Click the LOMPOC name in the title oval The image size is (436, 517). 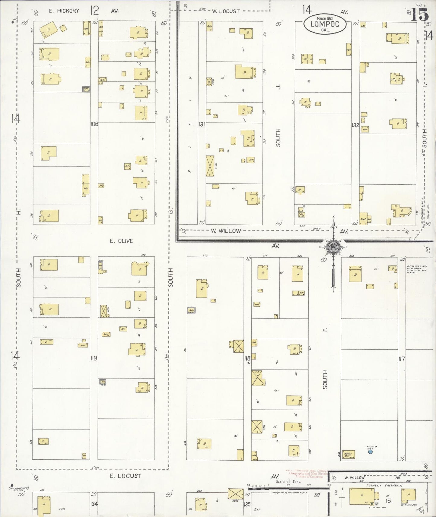point(325,24)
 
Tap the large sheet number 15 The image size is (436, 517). point(420,14)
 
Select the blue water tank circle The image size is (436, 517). point(370,452)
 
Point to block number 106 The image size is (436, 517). point(94,124)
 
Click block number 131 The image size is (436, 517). point(202,124)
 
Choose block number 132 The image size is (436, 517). point(355,125)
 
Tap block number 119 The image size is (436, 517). point(94,358)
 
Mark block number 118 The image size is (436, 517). point(247,358)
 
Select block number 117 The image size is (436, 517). point(401,359)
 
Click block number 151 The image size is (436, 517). point(389,500)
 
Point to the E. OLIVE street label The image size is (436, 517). point(121,241)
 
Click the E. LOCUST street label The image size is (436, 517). point(125,476)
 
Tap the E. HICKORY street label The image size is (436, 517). point(64,11)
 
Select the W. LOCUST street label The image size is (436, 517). point(225,11)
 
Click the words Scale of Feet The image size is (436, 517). point(288,481)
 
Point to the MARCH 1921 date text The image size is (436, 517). point(325,18)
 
